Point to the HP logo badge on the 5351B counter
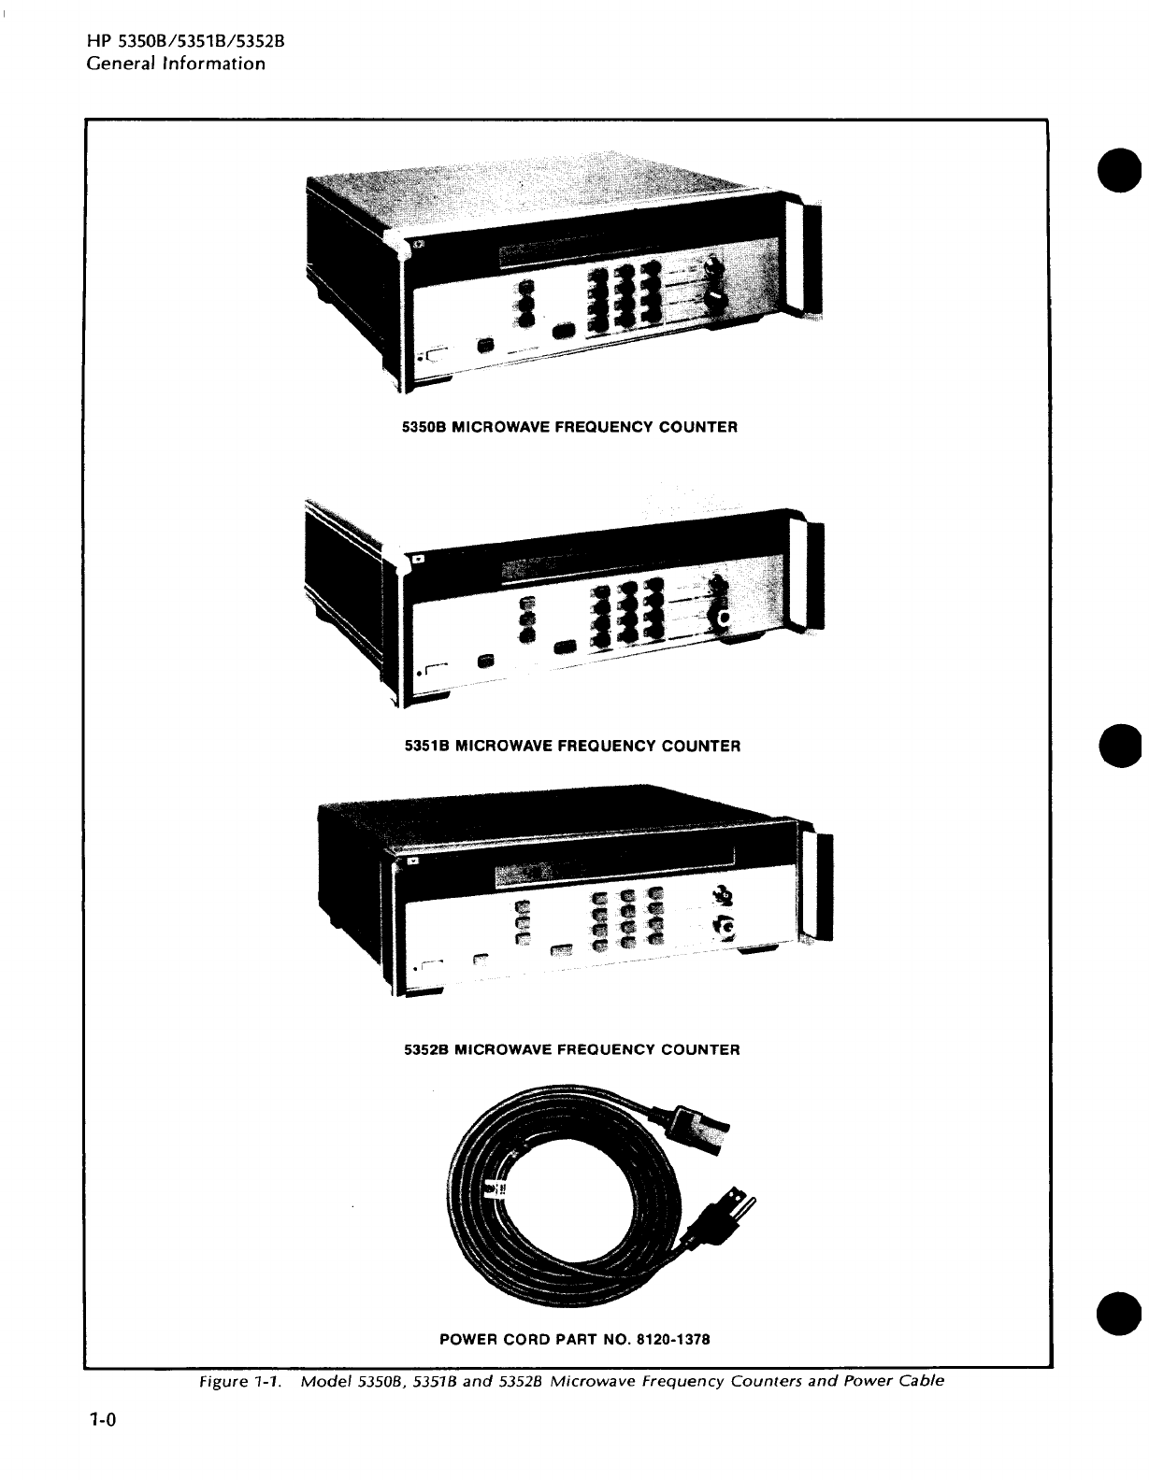418,560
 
